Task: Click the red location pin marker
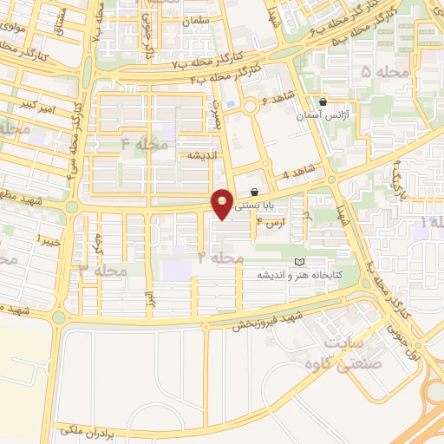pyautogui.click(x=223, y=202)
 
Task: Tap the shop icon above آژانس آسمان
pyautogui.click(x=323, y=101)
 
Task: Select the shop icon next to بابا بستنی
pyautogui.click(x=254, y=192)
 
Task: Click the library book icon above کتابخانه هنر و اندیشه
pyautogui.click(x=299, y=262)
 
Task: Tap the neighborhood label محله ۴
pyautogui.click(x=146, y=144)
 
